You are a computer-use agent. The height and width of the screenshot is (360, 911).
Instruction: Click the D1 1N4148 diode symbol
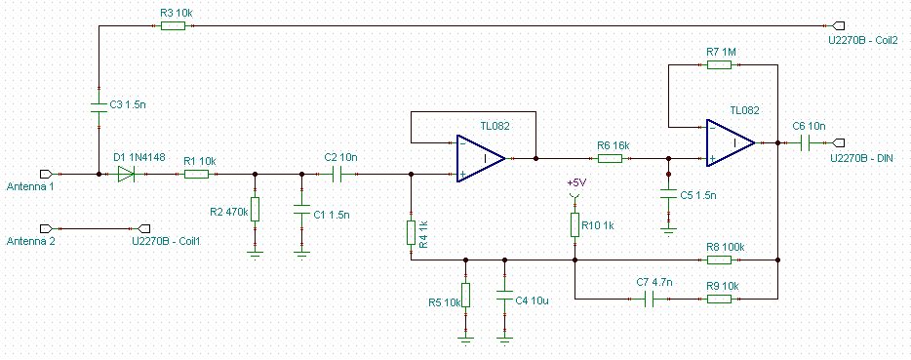126,174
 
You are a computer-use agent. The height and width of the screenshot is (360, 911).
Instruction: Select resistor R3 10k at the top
173,25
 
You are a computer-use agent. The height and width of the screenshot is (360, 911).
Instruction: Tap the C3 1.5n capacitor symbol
99,108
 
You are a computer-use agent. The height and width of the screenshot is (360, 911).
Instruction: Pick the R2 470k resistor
255,209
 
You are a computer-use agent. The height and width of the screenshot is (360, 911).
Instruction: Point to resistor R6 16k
610,158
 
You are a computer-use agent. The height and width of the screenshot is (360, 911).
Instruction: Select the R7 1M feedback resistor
719,64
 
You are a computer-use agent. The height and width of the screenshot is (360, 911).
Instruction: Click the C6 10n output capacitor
805,142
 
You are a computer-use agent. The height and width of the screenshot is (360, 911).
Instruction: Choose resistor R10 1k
574,225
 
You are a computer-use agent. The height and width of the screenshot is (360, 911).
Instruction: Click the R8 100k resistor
719,260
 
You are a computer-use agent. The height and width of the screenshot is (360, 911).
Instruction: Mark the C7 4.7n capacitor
651,299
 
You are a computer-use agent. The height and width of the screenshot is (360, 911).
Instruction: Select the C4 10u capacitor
504,295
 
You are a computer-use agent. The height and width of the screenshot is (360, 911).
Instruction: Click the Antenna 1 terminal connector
46,174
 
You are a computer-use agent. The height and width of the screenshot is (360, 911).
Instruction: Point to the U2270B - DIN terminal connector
839,142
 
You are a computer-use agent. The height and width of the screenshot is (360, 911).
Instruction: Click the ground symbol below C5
669,231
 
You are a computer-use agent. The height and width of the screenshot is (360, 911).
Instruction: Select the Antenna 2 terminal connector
46,227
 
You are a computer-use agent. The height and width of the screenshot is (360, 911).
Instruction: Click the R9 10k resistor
719,299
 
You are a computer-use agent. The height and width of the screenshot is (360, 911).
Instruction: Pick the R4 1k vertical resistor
411,232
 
